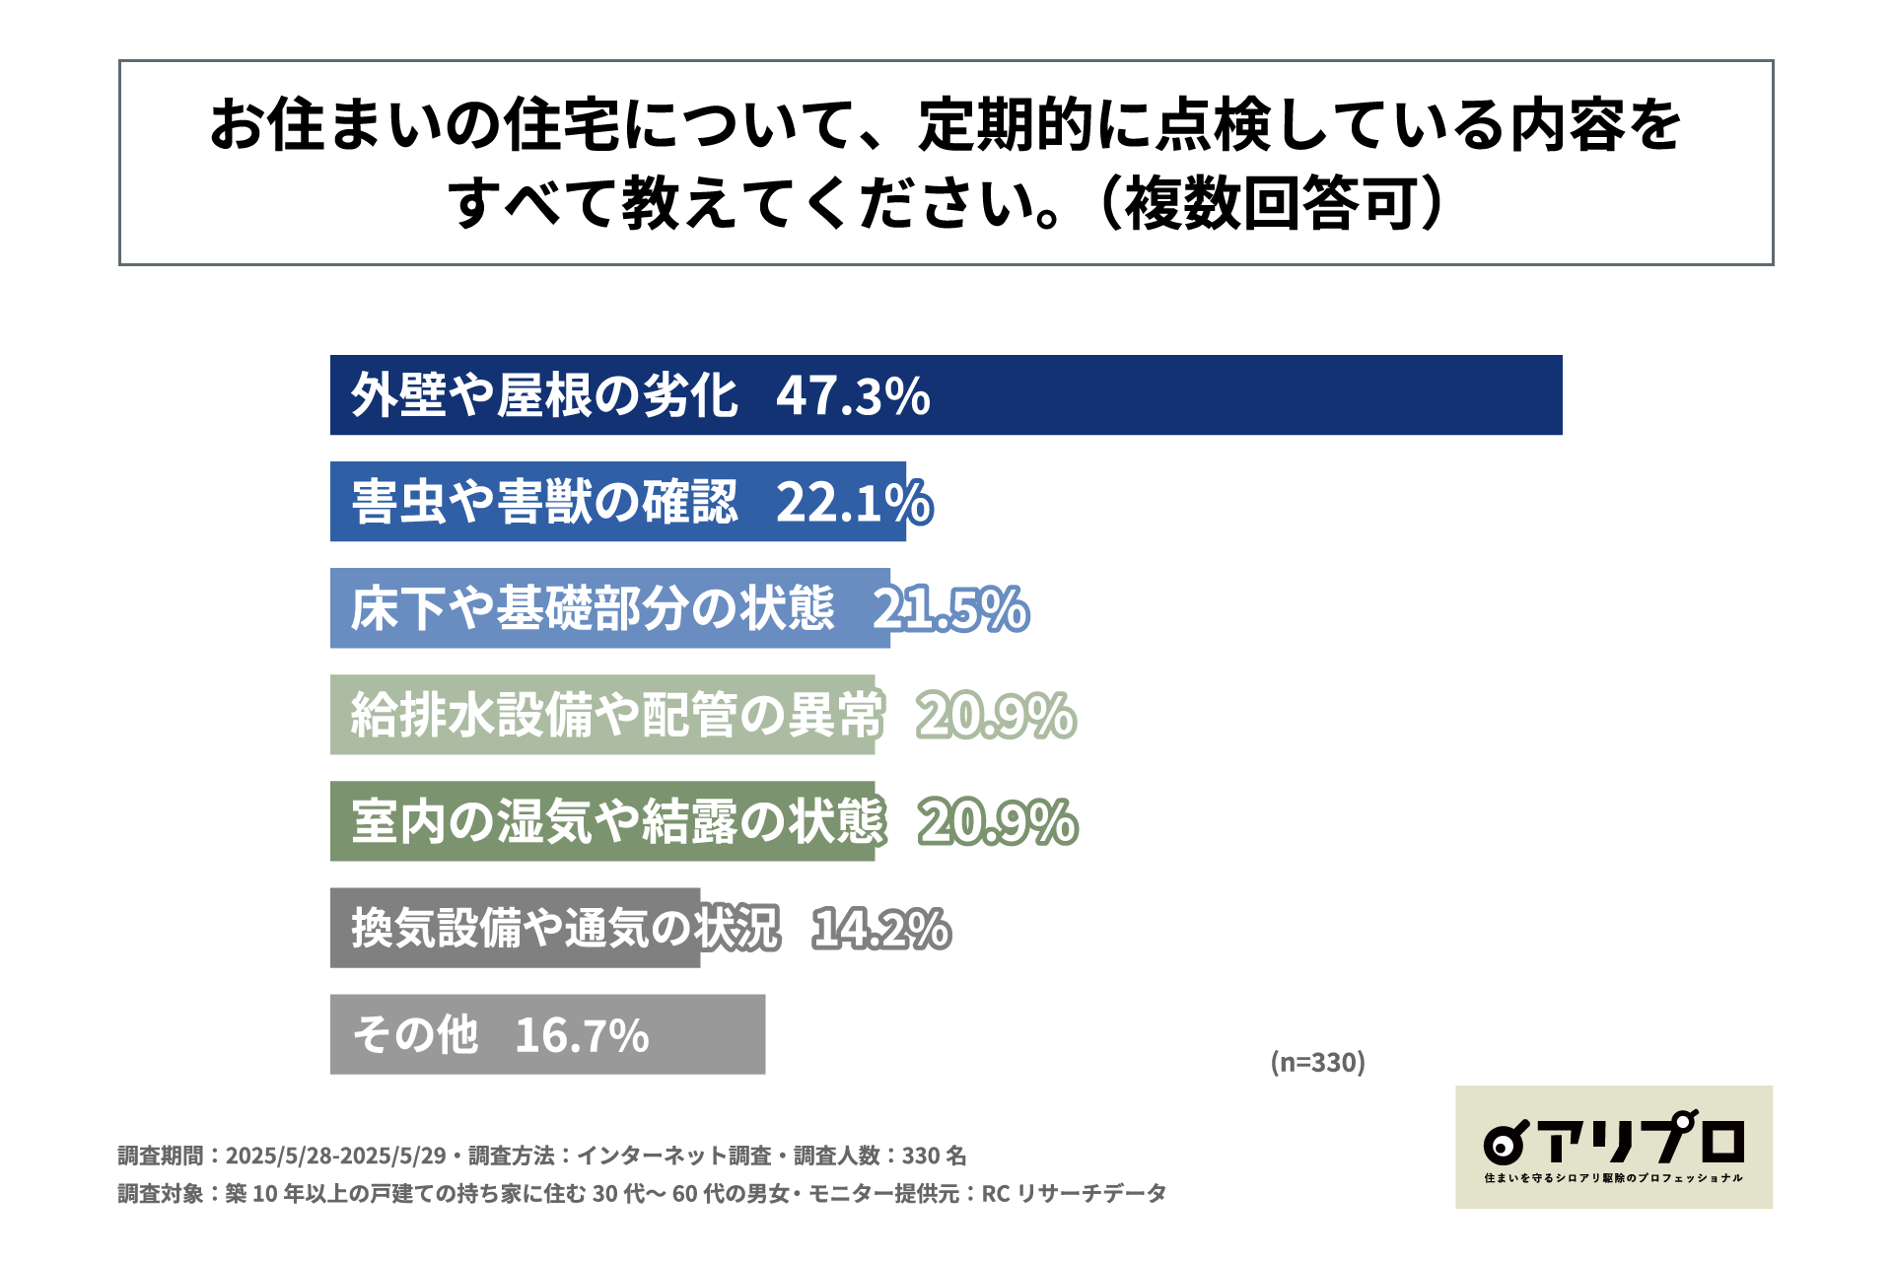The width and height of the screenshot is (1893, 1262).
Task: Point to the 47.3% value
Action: coord(853,396)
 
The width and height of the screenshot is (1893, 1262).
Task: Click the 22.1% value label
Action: coord(854,502)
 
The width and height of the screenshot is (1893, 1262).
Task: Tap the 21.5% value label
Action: coord(950,608)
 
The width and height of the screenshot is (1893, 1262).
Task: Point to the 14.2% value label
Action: coord(881,929)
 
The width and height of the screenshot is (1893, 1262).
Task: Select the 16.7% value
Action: coord(582,1035)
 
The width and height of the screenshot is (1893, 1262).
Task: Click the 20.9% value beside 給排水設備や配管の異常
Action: coord(996,715)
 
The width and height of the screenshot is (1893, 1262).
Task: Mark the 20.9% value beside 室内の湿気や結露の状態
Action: coord(998,821)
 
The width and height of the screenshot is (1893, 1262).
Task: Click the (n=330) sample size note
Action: coord(1317,1062)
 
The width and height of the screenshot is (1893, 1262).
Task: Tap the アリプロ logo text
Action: coord(1642,1141)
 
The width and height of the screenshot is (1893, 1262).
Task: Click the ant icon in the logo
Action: coord(1505,1144)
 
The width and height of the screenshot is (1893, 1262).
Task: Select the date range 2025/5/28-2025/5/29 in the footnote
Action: coord(335,1156)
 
